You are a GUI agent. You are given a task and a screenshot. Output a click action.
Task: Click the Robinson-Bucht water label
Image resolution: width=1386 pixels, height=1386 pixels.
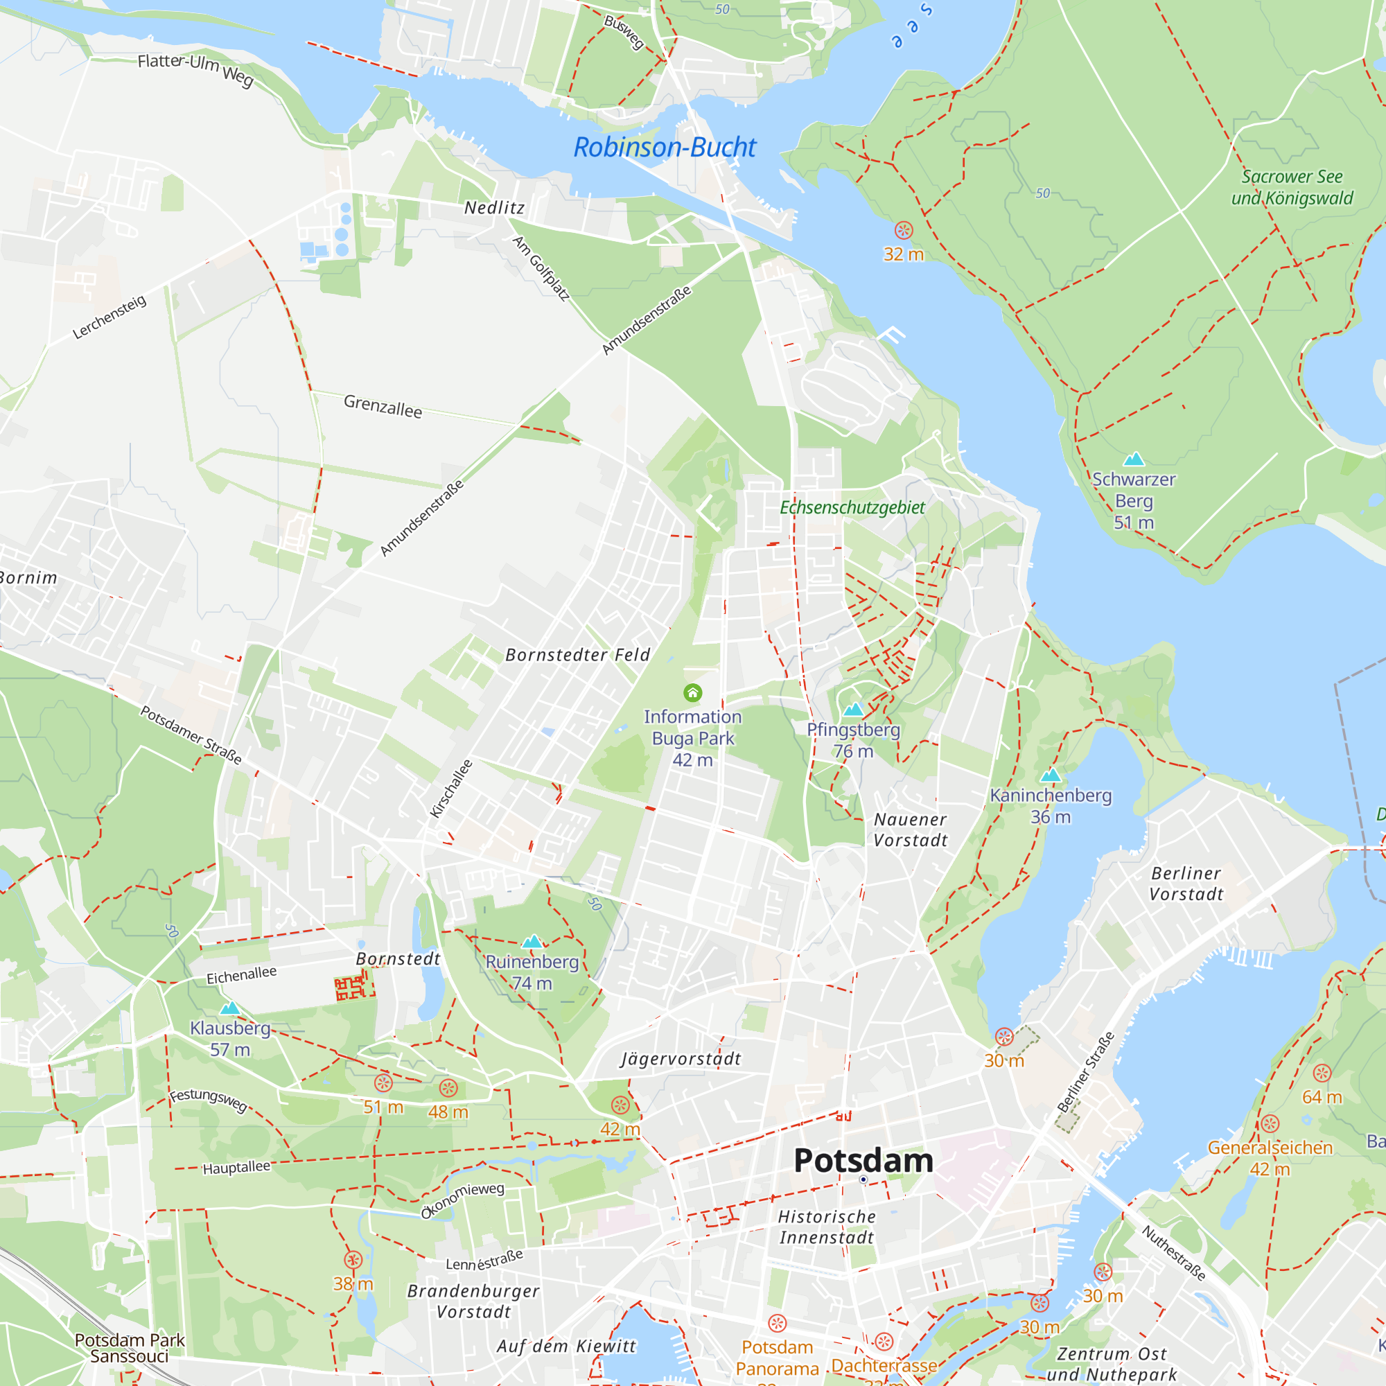pyautogui.click(x=665, y=147)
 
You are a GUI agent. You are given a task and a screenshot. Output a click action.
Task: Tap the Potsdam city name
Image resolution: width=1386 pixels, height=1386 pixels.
pyautogui.click(x=863, y=1161)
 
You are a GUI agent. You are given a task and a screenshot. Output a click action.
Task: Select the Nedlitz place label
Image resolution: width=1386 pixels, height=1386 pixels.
pyautogui.click(x=494, y=208)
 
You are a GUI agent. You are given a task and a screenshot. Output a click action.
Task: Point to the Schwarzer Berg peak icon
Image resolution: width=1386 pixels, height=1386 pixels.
pyautogui.click(x=1134, y=459)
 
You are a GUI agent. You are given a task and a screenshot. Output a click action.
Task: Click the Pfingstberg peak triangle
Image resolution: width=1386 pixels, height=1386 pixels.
pyautogui.click(x=853, y=710)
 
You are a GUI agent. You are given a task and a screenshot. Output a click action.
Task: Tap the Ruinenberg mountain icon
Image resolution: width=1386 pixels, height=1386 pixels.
pyautogui.click(x=532, y=942)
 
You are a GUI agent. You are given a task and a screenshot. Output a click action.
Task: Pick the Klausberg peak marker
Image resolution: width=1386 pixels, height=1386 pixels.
pyautogui.click(x=229, y=1008)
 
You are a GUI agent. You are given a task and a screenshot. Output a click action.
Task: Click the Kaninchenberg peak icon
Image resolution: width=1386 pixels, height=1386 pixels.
pyautogui.click(x=1051, y=775)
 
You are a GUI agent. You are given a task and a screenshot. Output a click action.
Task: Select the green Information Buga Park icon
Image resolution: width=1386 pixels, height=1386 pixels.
pyautogui.click(x=692, y=692)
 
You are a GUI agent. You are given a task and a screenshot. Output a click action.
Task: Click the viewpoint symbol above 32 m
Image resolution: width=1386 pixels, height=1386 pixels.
pyautogui.click(x=903, y=230)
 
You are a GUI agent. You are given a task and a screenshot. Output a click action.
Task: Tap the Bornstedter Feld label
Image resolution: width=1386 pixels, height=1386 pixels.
pyautogui.click(x=577, y=655)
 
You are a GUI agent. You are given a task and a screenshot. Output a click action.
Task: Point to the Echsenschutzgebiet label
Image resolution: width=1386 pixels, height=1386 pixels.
pyautogui.click(x=852, y=508)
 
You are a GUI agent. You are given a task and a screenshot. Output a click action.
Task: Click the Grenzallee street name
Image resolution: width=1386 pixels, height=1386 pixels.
pyautogui.click(x=383, y=406)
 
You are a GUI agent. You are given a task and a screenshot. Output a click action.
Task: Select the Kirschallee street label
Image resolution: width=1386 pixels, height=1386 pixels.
pyautogui.click(x=451, y=789)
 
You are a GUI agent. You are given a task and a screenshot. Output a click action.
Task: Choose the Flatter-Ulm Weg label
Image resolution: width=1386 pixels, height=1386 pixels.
pyautogui.click(x=196, y=69)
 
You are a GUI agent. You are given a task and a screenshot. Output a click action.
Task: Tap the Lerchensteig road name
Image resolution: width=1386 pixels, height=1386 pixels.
pyautogui.click(x=109, y=317)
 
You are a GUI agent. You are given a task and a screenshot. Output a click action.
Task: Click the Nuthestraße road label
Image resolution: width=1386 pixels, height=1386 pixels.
pyautogui.click(x=1174, y=1253)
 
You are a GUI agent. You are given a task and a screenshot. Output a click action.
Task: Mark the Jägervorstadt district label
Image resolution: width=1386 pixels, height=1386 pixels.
pyautogui.click(x=680, y=1059)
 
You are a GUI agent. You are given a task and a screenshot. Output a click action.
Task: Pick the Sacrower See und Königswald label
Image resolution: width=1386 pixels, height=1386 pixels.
pyautogui.click(x=1292, y=187)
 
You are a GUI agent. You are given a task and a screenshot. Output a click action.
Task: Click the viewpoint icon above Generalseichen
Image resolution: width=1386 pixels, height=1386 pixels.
pyautogui.click(x=1270, y=1124)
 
